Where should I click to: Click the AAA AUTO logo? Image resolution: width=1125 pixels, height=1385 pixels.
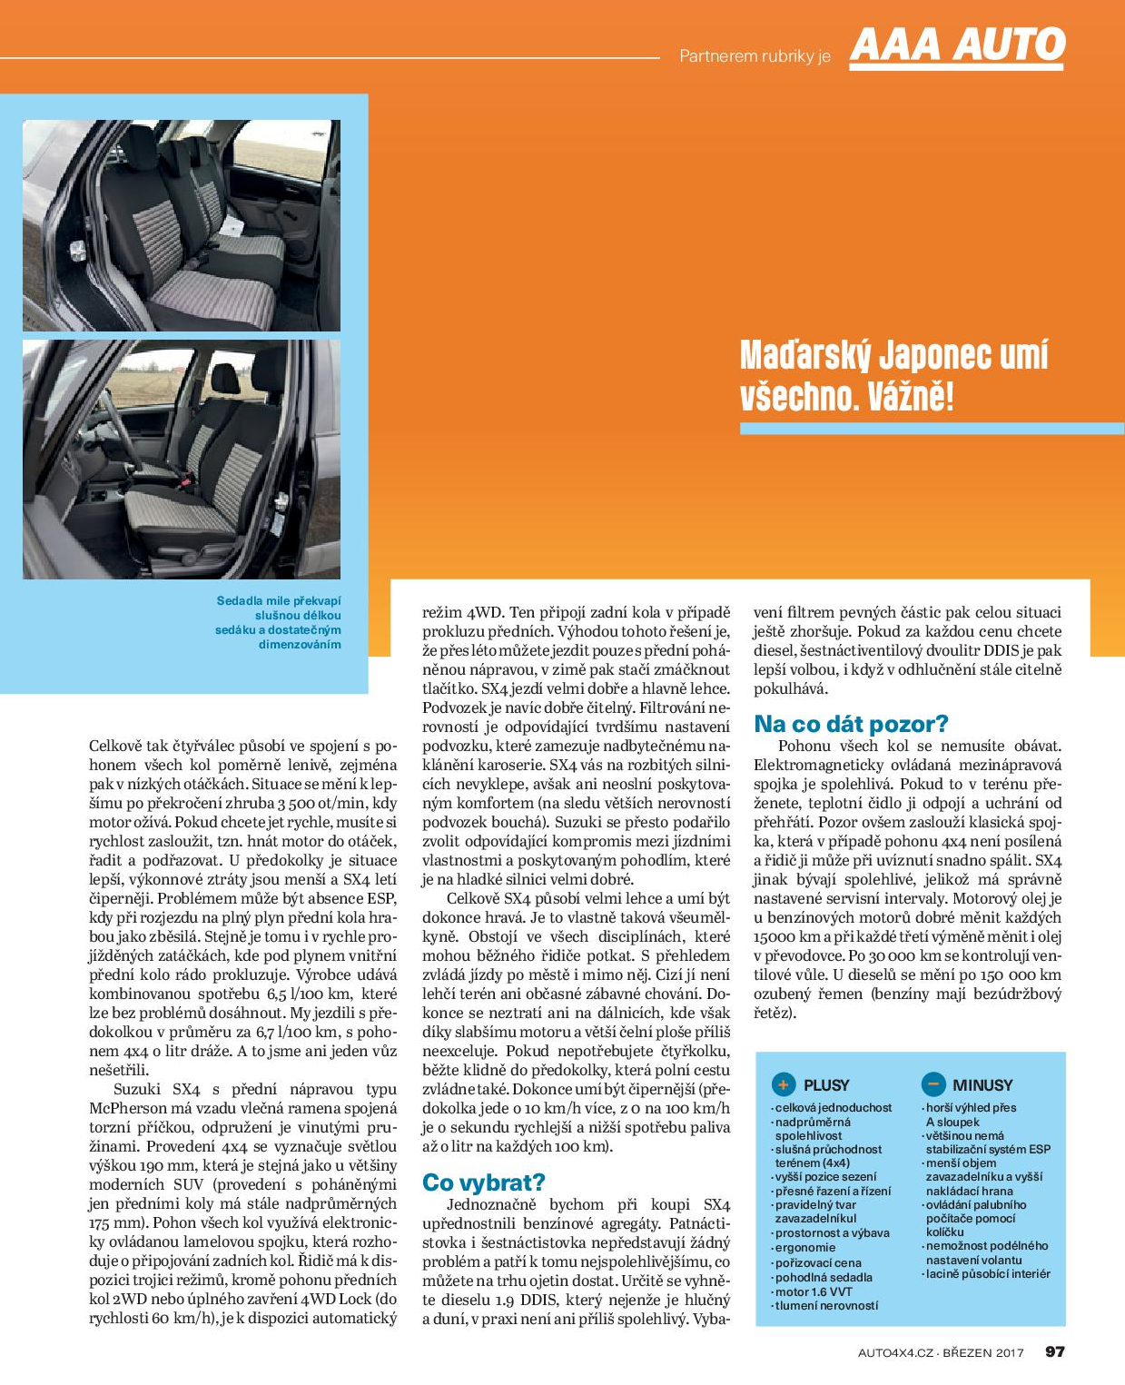[957, 45]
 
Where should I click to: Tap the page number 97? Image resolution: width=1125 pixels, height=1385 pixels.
[1054, 1351]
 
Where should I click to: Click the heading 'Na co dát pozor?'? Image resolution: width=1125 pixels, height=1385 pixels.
[851, 724]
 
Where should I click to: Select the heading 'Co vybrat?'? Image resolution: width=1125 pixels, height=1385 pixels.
[483, 1182]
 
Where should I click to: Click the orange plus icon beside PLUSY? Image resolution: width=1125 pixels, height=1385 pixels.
[783, 1084]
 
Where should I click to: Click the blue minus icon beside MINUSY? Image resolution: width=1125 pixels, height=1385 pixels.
[933, 1083]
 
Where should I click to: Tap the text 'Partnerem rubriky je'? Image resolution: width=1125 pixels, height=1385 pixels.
[755, 56]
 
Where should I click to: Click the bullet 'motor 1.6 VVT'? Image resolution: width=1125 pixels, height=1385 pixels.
[814, 1291]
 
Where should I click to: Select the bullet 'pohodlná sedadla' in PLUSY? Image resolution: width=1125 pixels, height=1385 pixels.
[824, 1277]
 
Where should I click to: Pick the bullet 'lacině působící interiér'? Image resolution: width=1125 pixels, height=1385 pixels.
[988, 1273]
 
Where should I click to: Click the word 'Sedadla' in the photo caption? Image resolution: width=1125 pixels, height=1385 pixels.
[239, 600]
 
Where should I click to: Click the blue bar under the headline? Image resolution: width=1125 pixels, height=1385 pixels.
[932, 429]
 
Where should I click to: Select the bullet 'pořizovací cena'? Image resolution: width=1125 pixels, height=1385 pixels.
[818, 1262]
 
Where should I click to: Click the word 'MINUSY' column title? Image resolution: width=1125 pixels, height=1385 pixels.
[982, 1084]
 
